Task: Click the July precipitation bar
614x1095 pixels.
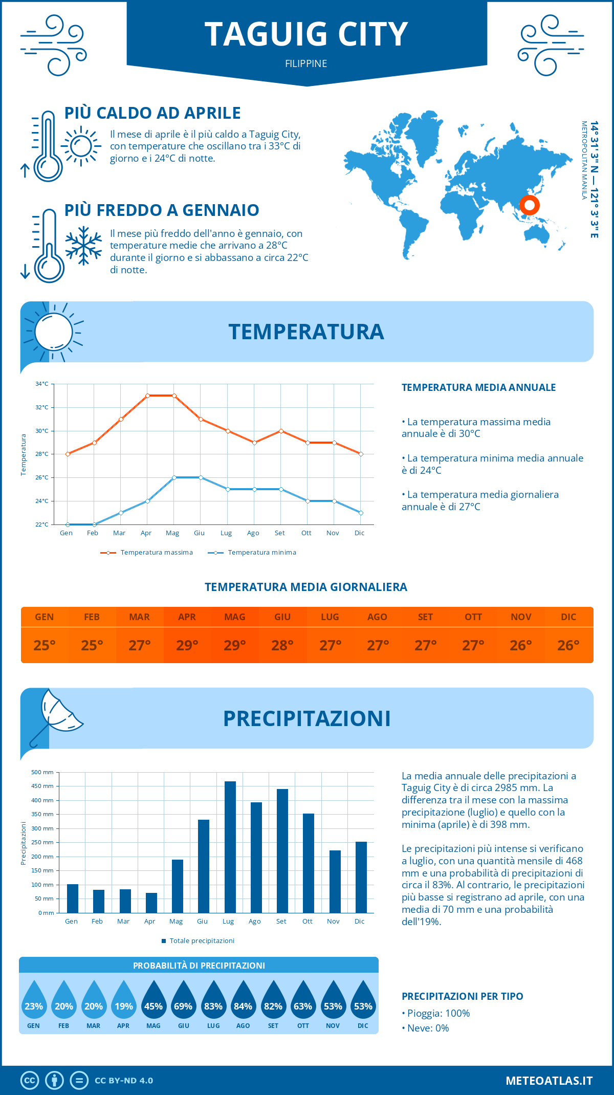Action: coord(230,847)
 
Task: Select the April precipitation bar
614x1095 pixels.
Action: coord(151,903)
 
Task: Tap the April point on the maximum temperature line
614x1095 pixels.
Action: coord(147,396)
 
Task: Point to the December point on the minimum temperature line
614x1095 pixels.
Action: coord(361,513)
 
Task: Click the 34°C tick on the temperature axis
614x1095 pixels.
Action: coord(42,384)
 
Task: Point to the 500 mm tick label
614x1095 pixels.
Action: coord(42,772)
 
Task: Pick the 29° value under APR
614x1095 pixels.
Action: coord(187,645)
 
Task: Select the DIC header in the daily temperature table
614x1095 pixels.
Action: coord(568,617)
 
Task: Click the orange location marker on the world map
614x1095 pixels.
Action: coord(529,205)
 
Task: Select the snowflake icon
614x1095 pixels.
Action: coord(83,246)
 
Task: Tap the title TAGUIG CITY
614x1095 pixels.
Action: coord(306,34)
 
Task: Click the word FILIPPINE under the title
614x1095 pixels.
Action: coord(306,63)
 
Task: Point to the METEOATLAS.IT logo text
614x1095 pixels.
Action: coord(549,1080)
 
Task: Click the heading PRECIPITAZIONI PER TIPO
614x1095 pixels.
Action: coord(462,996)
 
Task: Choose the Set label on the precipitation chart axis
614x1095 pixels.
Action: coord(281,921)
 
